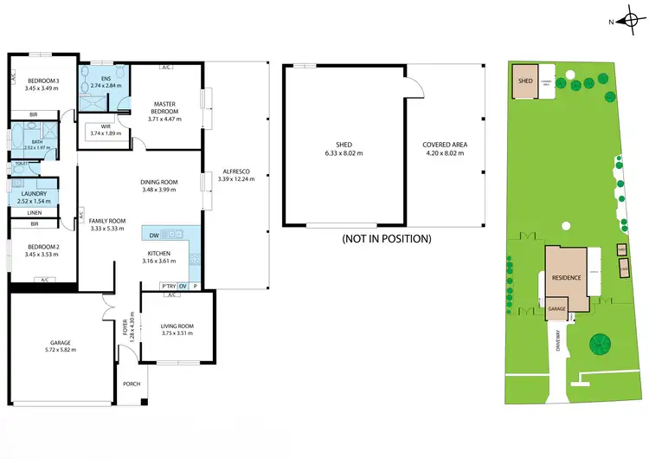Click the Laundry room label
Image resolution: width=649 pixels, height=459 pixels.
33,194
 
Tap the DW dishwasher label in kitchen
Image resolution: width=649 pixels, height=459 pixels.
154,234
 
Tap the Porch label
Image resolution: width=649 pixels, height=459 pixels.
132,384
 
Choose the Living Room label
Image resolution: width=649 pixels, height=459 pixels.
177,326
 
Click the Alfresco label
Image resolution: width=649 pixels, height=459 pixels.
236,171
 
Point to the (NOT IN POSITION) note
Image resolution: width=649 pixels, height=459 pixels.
386,238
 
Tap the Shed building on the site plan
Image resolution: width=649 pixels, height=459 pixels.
524,81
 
